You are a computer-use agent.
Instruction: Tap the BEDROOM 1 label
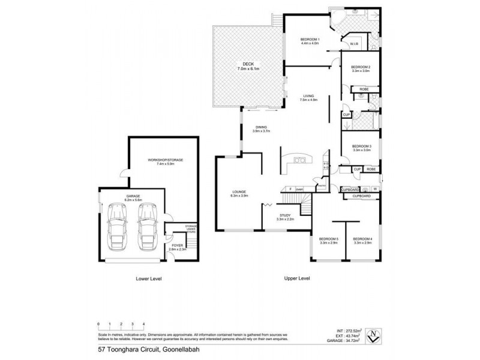pyautogui.click(x=310, y=40)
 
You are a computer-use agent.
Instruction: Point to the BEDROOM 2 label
pyautogui.click(x=361, y=67)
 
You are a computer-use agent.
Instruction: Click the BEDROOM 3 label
pyautogui.click(x=361, y=146)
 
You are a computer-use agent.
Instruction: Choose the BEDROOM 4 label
pyautogui.click(x=363, y=239)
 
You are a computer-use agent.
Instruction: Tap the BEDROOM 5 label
pyautogui.click(x=329, y=239)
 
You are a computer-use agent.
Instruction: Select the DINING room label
pyautogui.click(x=260, y=127)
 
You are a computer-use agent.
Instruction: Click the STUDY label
pyautogui.click(x=284, y=216)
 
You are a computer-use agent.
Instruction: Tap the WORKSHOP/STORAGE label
pyautogui.click(x=165, y=160)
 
